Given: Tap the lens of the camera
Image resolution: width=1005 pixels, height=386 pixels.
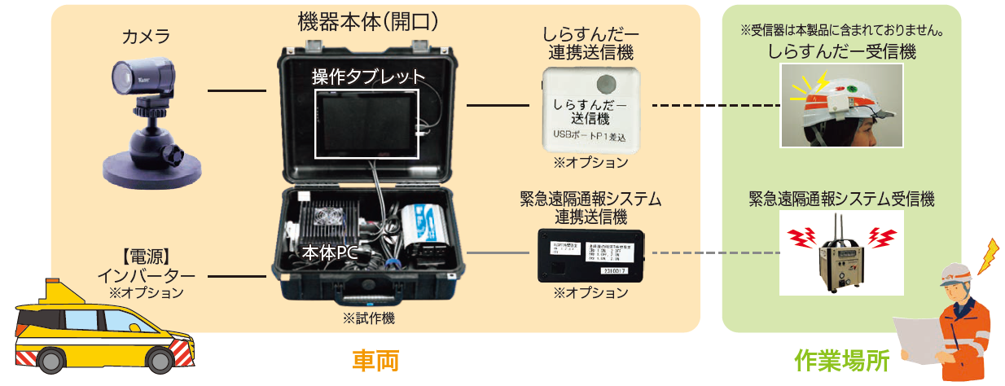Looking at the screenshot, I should (x=121, y=78).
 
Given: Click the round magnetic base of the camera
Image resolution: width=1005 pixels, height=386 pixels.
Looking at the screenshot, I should (x=147, y=168).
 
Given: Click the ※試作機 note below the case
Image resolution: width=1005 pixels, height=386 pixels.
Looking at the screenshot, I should (x=369, y=319).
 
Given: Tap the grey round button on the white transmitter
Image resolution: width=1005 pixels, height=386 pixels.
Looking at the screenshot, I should (x=607, y=83).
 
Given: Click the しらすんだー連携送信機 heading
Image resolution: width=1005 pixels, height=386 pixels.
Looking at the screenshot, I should (x=588, y=45).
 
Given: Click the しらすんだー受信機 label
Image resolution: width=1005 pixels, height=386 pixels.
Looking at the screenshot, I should (x=841, y=53).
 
